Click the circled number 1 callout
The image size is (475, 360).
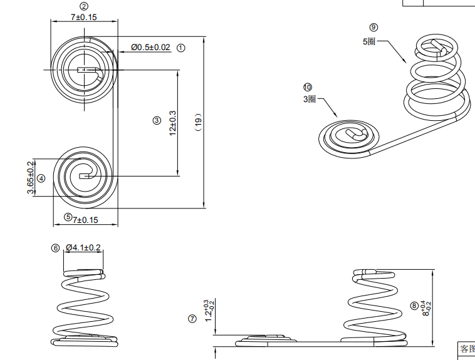(x=181, y=48)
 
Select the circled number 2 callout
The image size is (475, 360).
(x=84, y=6)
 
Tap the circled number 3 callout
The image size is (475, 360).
(x=157, y=120)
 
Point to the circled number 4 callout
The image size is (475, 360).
(x=41, y=178)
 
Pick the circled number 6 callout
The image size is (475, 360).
(x=55, y=248)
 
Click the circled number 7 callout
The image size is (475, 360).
(x=192, y=319)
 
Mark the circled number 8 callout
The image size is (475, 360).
(x=414, y=306)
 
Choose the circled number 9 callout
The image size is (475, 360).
(x=374, y=27)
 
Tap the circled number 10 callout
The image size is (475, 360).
(x=307, y=87)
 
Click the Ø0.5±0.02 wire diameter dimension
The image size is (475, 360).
(x=150, y=48)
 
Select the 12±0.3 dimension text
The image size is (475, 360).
(x=172, y=123)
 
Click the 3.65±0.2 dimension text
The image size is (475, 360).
(x=30, y=178)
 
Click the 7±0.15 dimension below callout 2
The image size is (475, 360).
(x=83, y=17)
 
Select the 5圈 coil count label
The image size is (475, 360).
(x=369, y=41)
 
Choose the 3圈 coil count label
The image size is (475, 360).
(x=310, y=100)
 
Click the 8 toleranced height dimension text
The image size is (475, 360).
(x=427, y=307)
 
